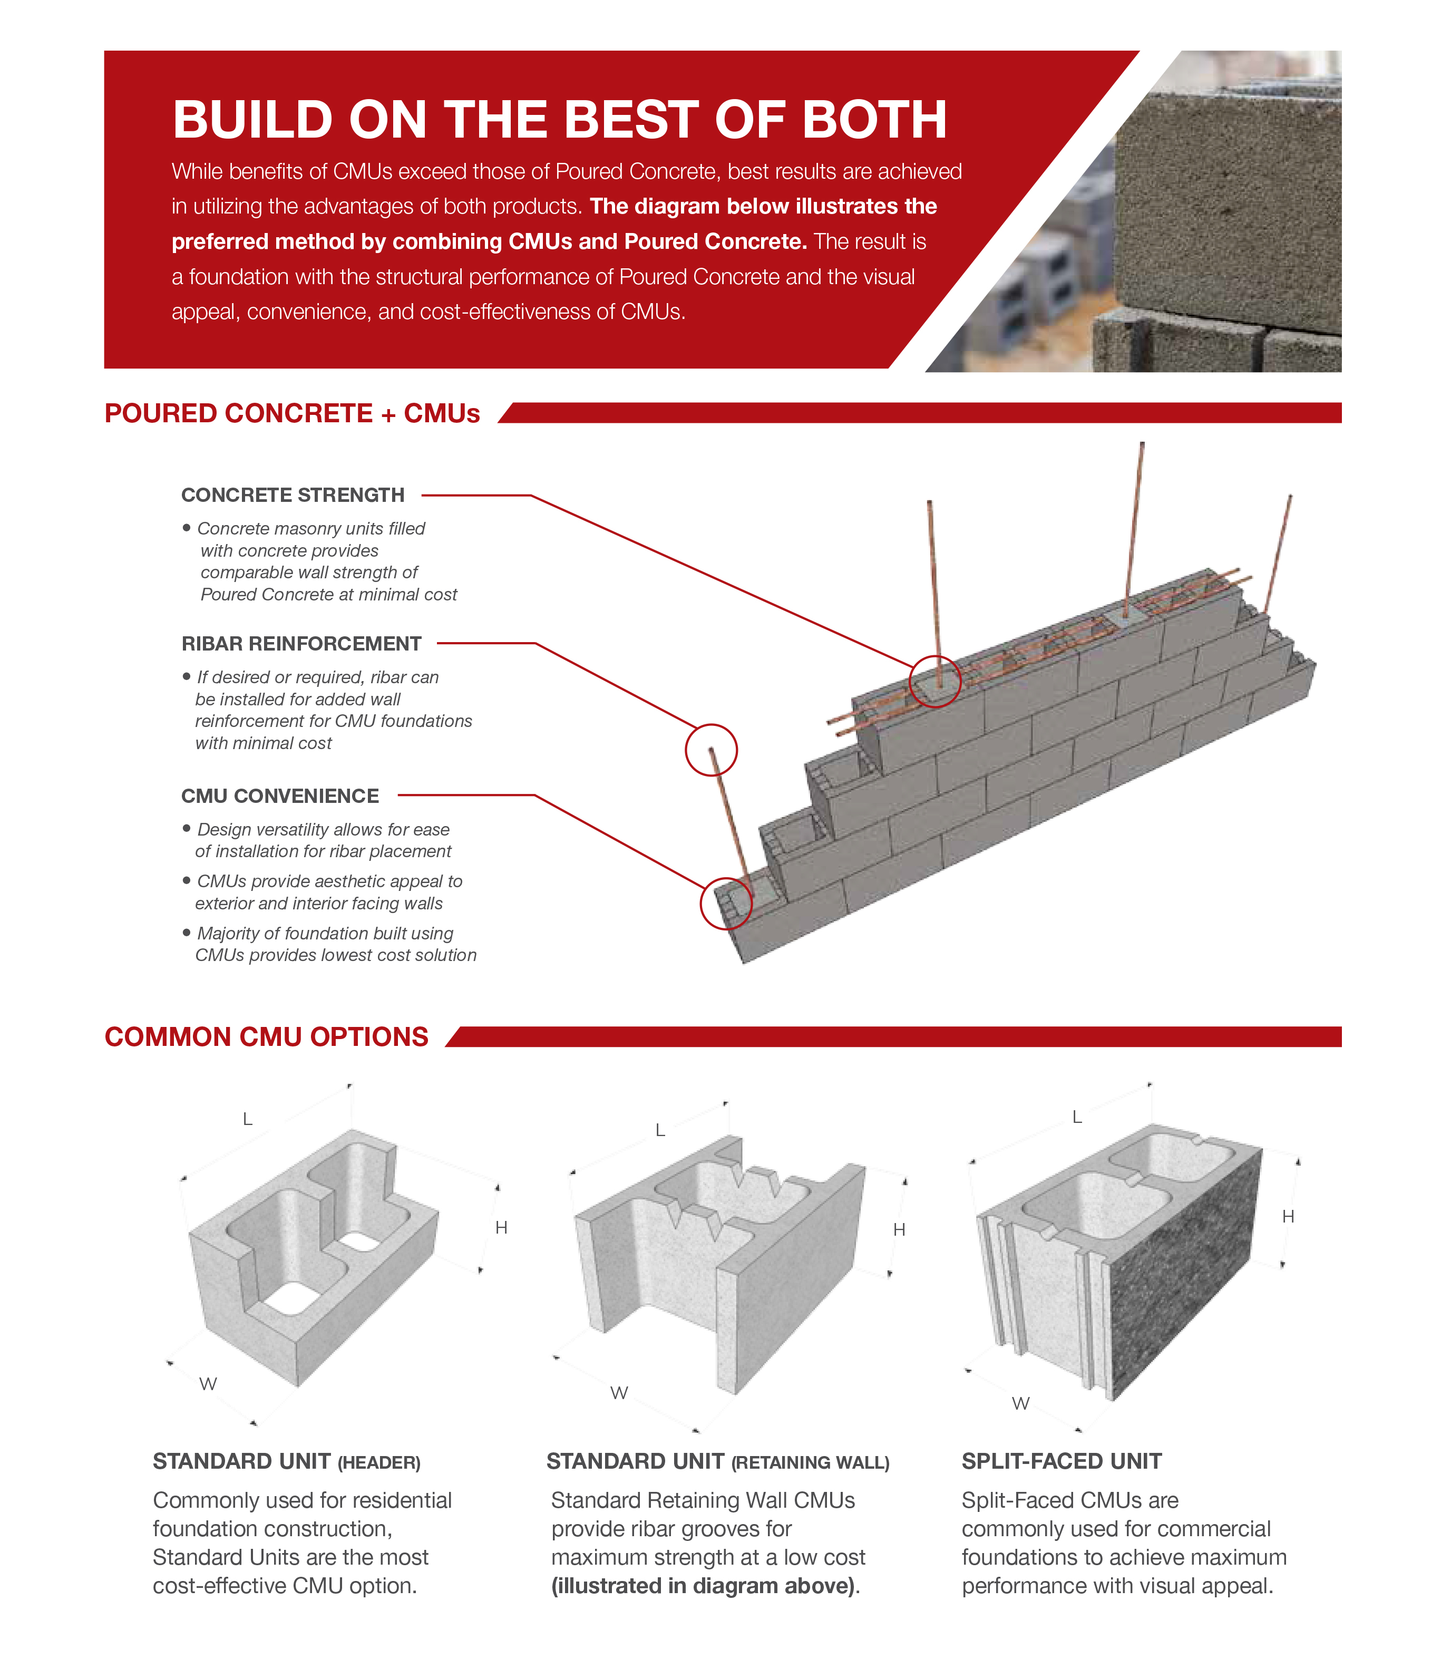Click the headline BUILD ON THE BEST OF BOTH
click(x=559, y=120)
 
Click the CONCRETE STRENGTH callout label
click(x=292, y=495)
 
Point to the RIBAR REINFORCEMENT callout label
click(x=301, y=644)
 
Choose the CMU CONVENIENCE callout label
click(x=279, y=796)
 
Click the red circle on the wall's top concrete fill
click(x=935, y=681)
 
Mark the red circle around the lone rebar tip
click(x=711, y=750)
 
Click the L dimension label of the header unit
click(x=248, y=1119)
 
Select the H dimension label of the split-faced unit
click(x=1288, y=1216)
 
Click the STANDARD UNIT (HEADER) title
click(x=287, y=1462)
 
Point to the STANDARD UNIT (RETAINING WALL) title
click(x=717, y=1462)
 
